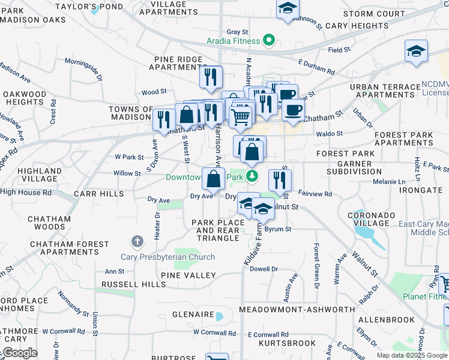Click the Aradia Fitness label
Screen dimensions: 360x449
pyautogui.click(x=234, y=41)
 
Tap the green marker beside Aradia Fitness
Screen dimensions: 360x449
pyautogui.click(x=269, y=41)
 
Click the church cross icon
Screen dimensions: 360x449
pyautogui.click(x=137, y=242)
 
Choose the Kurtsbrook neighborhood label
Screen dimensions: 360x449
pyautogui.click(x=287, y=343)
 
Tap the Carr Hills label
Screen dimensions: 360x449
pyautogui.click(x=98, y=194)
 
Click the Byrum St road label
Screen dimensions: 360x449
pyautogui.click(x=278, y=229)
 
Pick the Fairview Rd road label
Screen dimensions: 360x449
pyautogui.click(x=315, y=194)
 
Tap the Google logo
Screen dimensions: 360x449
pyautogui.click(x=20, y=353)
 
